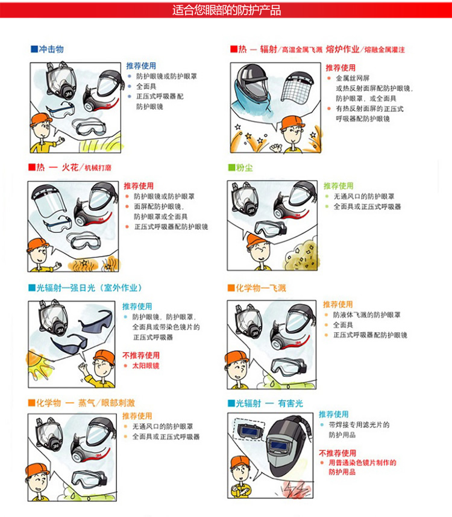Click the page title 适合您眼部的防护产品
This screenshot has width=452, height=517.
(x=227, y=10)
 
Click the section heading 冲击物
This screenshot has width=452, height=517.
(x=51, y=49)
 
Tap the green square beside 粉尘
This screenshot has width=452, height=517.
(x=231, y=168)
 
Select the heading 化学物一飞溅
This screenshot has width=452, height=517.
(x=260, y=288)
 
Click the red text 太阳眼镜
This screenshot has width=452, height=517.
(x=146, y=366)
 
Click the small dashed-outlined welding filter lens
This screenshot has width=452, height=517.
(x=249, y=429)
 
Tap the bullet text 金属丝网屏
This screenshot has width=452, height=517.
(x=353, y=78)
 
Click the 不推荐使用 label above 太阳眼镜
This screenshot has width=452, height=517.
(x=141, y=355)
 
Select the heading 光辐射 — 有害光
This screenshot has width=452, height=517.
(x=269, y=403)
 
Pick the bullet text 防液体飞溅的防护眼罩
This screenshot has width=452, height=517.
(x=367, y=315)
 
